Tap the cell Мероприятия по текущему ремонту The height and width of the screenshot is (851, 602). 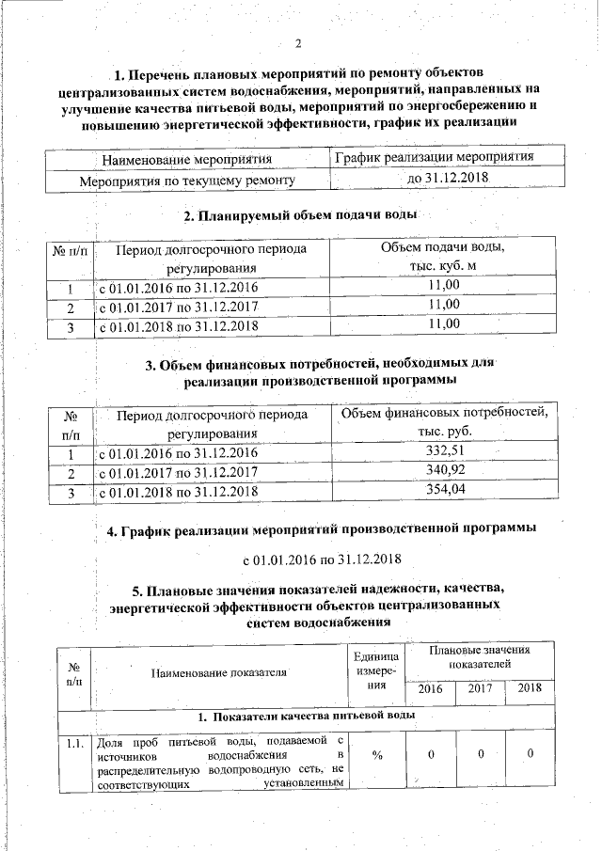click(x=188, y=179)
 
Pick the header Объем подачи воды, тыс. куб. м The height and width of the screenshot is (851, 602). click(x=442, y=257)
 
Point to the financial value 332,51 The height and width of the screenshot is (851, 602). click(x=445, y=451)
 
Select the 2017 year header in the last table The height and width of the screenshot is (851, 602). click(x=479, y=687)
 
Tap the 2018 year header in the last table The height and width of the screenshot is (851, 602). click(x=530, y=687)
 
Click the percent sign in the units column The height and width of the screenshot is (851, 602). click(x=376, y=755)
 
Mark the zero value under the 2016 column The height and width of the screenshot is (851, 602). click(x=430, y=755)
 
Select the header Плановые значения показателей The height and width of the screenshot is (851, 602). click(x=479, y=656)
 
